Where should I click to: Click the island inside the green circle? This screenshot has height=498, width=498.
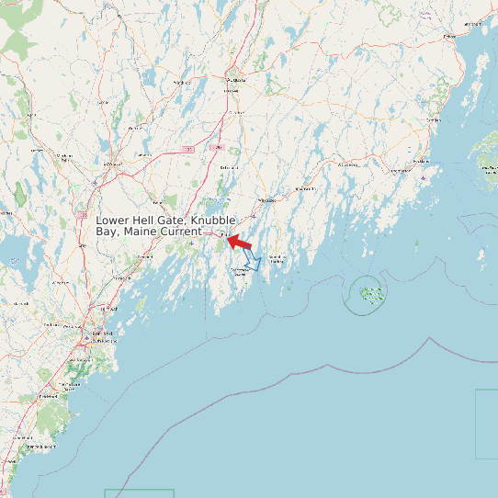(371, 295)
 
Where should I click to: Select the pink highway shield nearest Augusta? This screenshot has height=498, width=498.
(217, 147)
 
